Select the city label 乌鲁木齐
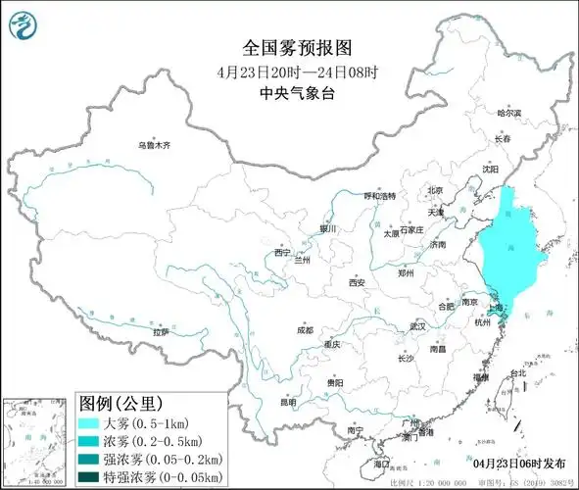(x=154, y=145)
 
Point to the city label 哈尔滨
(x=509, y=114)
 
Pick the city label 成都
(x=305, y=330)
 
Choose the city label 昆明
(x=286, y=401)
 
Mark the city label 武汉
(x=418, y=324)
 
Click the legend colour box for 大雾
(x=96, y=421)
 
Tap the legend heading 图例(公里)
(x=121, y=403)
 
